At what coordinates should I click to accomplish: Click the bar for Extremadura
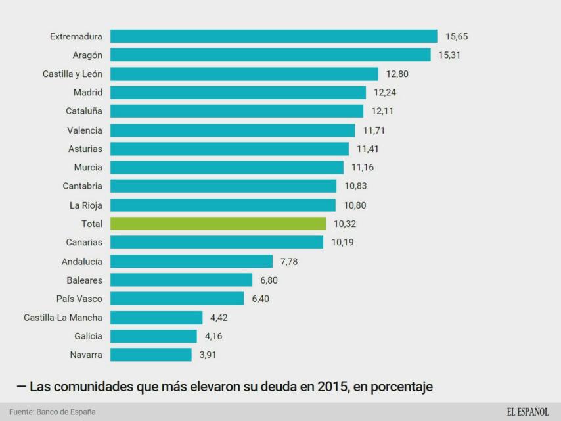[273, 36]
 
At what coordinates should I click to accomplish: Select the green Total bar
[217, 224]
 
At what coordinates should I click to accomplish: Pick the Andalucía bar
[191, 261]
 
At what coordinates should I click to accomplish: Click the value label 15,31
[450, 55]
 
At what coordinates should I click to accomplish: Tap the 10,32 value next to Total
[345, 224]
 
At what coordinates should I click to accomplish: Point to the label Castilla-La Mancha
[63, 318]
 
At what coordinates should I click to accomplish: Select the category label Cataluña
[84, 111]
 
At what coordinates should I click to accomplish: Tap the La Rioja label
[86, 205]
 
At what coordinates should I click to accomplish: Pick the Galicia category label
[88, 337]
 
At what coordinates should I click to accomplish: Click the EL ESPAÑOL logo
[527, 412]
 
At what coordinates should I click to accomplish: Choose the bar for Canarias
[216, 243]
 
